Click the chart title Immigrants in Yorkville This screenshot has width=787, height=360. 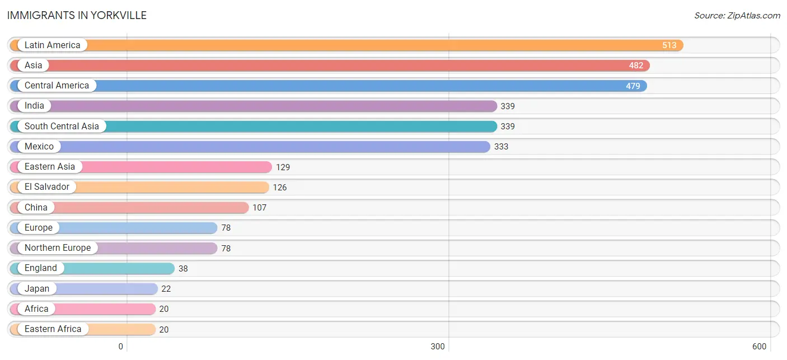click(x=77, y=16)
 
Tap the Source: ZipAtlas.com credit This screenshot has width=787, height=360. click(x=737, y=16)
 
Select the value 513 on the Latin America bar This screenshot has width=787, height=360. click(x=669, y=45)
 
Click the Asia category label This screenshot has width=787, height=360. click(x=34, y=66)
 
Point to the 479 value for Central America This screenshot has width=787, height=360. click(x=633, y=86)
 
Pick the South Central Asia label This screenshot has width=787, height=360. click(x=62, y=126)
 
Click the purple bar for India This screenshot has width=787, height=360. click(x=254, y=106)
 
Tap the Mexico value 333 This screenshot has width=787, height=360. click(x=501, y=147)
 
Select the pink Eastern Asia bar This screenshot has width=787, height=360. click(x=141, y=167)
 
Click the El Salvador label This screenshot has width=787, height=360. click(x=47, y=186)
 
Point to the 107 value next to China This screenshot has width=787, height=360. click(x=259, y=208)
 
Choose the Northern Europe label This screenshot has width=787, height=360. click(x=58, y=248)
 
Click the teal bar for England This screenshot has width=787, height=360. click(x=92, y=269)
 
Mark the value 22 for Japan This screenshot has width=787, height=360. click(x=166, y=289)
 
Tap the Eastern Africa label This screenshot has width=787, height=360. click(x=53, y=329)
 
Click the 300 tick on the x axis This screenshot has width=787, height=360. click(x=438, y=347)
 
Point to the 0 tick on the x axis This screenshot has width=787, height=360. click(x=120, y=347)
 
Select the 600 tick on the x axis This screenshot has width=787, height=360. click(x=759, y=347)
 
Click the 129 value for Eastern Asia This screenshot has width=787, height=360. click(x=283, y=167)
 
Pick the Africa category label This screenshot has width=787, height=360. click(x=36, y=308)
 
